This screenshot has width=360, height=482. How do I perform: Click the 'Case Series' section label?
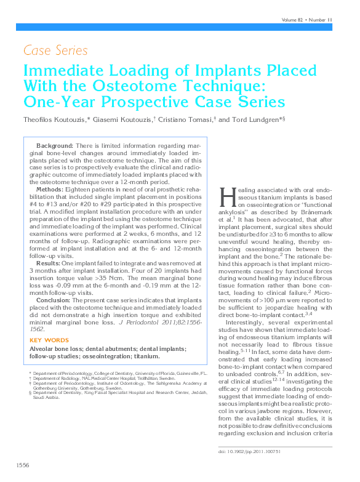[x=55, y=50]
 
